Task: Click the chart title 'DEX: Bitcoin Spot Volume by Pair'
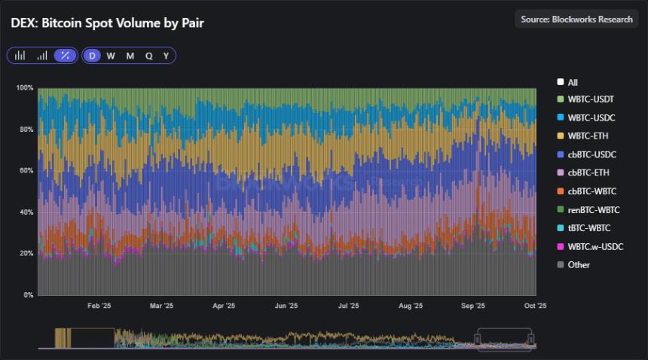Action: coord(107,23)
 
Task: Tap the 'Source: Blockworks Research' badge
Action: coord(576,20)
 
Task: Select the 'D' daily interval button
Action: coord(92,56)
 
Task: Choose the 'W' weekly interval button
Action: coord(111,56)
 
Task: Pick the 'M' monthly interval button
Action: coord(130,56)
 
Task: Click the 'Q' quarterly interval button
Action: coord(148,56)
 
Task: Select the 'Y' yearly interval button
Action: coord(166,56)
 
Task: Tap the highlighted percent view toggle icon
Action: coord(66,56)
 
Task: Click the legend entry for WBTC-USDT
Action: coord(586,100)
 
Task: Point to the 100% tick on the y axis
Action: coord(25,88)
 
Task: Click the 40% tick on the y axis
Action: coord(26,212)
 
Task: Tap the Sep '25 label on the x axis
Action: coord(472,307)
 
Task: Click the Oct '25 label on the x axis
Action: coord(534,307)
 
